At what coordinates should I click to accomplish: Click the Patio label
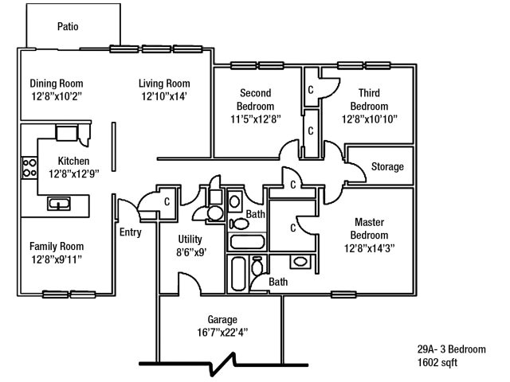[68, 26]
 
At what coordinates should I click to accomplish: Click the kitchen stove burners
[29, 166]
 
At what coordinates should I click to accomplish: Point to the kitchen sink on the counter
[59, 204]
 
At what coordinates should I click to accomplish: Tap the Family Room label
[57, 247]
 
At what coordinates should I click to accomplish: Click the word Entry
[130, 232]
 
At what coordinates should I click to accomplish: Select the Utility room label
[190, 240]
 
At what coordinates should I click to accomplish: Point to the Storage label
[388, 167]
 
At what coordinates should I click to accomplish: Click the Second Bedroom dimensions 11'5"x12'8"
[256, 119]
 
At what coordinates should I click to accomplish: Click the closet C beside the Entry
[167, 201]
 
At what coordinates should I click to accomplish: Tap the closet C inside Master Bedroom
[293, 228]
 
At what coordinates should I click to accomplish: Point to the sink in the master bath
[300, 262]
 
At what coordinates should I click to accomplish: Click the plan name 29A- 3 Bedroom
[451, 349]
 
